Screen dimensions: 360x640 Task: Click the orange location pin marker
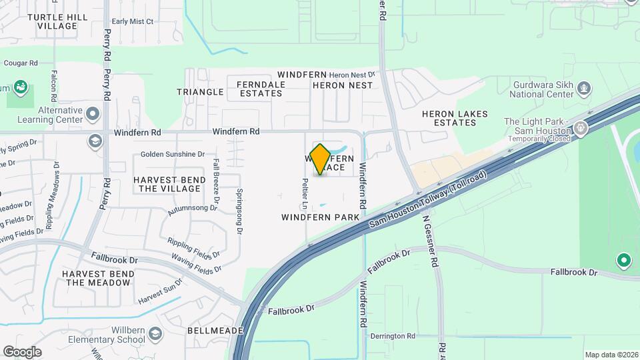click(320, 159)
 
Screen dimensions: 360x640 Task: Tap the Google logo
click(22, 351)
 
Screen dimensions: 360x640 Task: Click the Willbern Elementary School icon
click(155, 333)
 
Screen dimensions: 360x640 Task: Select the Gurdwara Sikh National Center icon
click(584, 88)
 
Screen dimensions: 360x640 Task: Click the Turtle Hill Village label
click(57, 21)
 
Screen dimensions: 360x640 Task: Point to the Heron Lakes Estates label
click(455, 118)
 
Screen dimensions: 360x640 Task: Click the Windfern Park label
click(320, 217)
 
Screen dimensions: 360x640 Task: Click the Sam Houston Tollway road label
click(428, 202)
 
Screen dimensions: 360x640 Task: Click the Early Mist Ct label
click(133, 21)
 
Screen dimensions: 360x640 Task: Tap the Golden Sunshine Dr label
click(173, 154)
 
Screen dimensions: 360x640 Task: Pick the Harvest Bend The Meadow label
click(97, 278)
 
